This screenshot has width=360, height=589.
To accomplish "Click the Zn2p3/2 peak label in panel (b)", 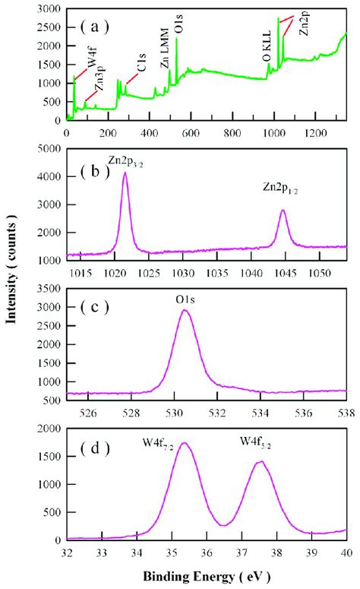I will coord(126,163).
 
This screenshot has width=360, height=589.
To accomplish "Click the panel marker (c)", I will coord(96,309).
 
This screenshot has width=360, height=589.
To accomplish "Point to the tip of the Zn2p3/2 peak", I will coord(125,173).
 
